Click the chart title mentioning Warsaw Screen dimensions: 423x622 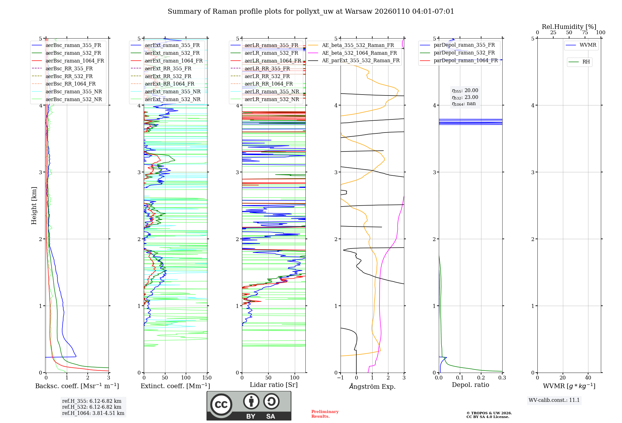pyautogui.click(x=311, y=12)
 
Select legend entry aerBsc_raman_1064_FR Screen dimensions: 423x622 pyautogui.click(x=75, y=61)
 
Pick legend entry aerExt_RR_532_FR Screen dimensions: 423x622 pyautogui.click(x=168, y=76)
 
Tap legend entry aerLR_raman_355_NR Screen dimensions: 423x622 pyautogui.click(x=272, y=92)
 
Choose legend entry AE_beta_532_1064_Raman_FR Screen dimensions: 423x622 pyautogui.click(x=359, y=53)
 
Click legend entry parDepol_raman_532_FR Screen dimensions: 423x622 pyautogui.click(x=464, y=53)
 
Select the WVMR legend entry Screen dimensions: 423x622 pyautogui.click(x=588, y=45)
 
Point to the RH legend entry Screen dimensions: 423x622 pyautogui.click(x=586, y=62)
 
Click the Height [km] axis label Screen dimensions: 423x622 pyautogui.click(x=34, y=206)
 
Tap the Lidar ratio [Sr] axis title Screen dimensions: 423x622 pyautogui.click(x=274, y=385)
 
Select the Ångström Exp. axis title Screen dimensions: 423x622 pyautogui.click(x=372, y=387)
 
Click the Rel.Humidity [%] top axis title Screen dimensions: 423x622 pyautogui.click(x=569, y=27)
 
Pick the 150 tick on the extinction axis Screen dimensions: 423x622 pyautogui.click(x=207, y=378)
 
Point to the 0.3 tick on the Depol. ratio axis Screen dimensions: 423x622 pyautogui.click(x=502, y=378)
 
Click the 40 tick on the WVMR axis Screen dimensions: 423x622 pyautogui.click(x=588, y=378)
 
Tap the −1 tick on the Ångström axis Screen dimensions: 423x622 pyautogui.click(x=340, y=378)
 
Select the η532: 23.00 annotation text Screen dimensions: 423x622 pyautogui.click(x=465, y=97)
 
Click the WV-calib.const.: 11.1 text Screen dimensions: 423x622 pyautogui.click(x=554, y=400)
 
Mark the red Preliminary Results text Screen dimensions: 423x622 pyautogui.click(x=325, y=414)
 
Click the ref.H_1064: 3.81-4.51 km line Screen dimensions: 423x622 pyautogui.click(x=93, y=413)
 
